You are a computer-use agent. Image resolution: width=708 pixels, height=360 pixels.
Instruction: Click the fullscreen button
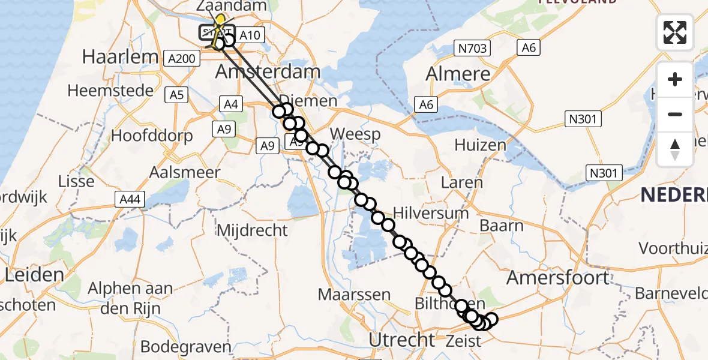click(675, 32)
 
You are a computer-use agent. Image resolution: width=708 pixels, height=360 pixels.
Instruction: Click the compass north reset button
click(675, 149)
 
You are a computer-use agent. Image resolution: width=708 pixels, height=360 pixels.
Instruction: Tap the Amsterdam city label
click(268, 72)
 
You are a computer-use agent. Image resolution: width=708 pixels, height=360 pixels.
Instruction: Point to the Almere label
click(458, 74)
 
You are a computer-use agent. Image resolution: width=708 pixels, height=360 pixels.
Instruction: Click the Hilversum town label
click(431, 213)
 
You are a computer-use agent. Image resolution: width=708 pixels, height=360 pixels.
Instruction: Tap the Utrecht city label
click(401, 340)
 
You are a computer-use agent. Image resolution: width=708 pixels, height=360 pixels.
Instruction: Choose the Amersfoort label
click(558, 277)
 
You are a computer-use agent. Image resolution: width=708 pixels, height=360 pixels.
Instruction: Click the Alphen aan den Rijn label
click(130, 298)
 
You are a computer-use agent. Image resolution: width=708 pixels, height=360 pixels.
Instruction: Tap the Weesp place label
click(355, 134)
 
